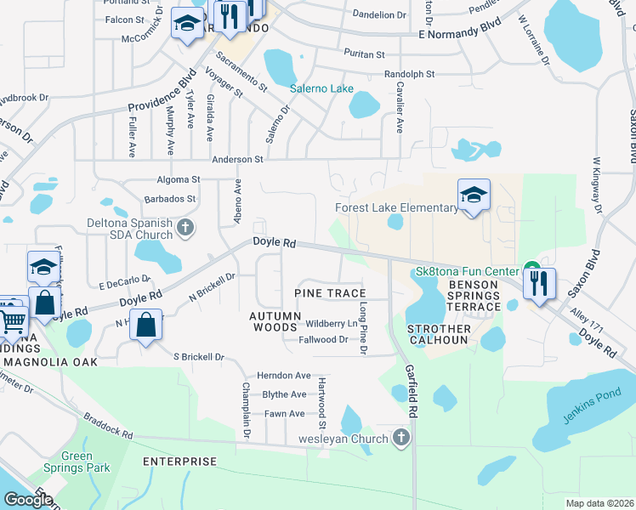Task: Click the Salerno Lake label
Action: (x=321, y=88)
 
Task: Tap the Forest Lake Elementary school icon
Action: (x=474, y=195)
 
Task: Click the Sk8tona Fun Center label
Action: (x=466, y=271)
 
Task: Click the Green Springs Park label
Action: (x=88, y=462)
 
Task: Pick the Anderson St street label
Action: (x=238, y=159)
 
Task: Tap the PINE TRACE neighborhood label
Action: (x=330, y=293)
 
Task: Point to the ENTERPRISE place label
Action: (x=179, y=462)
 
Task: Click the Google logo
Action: (x=28, y=500)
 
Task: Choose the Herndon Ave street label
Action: (x=285, y=375)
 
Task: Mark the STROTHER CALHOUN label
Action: (x=438, y=334)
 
